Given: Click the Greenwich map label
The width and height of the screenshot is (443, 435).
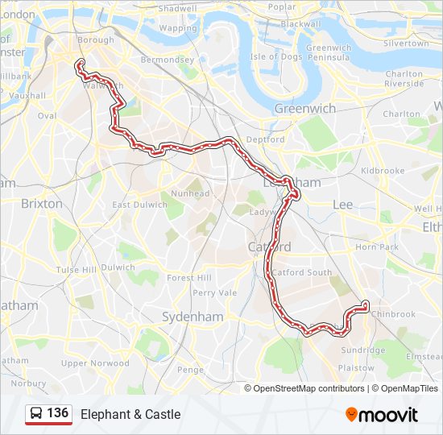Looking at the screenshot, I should [x=304, y=108].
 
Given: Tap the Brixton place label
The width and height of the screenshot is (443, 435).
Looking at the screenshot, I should [x=41, y=204].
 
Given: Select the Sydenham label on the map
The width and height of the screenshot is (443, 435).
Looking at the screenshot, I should [x=193, y=317].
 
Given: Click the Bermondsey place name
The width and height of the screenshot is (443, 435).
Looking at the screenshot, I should [x=167, y=60].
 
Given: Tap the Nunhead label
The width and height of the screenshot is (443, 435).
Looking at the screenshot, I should [x=194, y=193].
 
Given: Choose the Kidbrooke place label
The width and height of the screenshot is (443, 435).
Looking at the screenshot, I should [x=383, y=171].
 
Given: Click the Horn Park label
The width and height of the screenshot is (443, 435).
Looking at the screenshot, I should [x=377, y=246].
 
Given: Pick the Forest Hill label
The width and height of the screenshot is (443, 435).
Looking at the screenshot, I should [x=188, y=277].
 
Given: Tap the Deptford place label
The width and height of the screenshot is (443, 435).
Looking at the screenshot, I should [x=266, y=139].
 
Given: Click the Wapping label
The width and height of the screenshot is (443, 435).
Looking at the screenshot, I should [x=177, y=27].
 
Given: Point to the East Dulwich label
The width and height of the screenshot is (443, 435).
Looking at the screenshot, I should [x=139, y=205].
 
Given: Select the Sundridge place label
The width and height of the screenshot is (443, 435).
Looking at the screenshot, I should [x=363, y=350].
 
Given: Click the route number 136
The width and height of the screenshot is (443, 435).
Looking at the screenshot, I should [x=57, y=413].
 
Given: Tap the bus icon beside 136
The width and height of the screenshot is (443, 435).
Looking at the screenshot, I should [x=36, y=414].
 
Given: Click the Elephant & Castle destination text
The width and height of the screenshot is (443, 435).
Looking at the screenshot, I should [x=130, y=414].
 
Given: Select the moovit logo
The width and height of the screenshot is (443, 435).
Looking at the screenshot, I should [x=382, y=414].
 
